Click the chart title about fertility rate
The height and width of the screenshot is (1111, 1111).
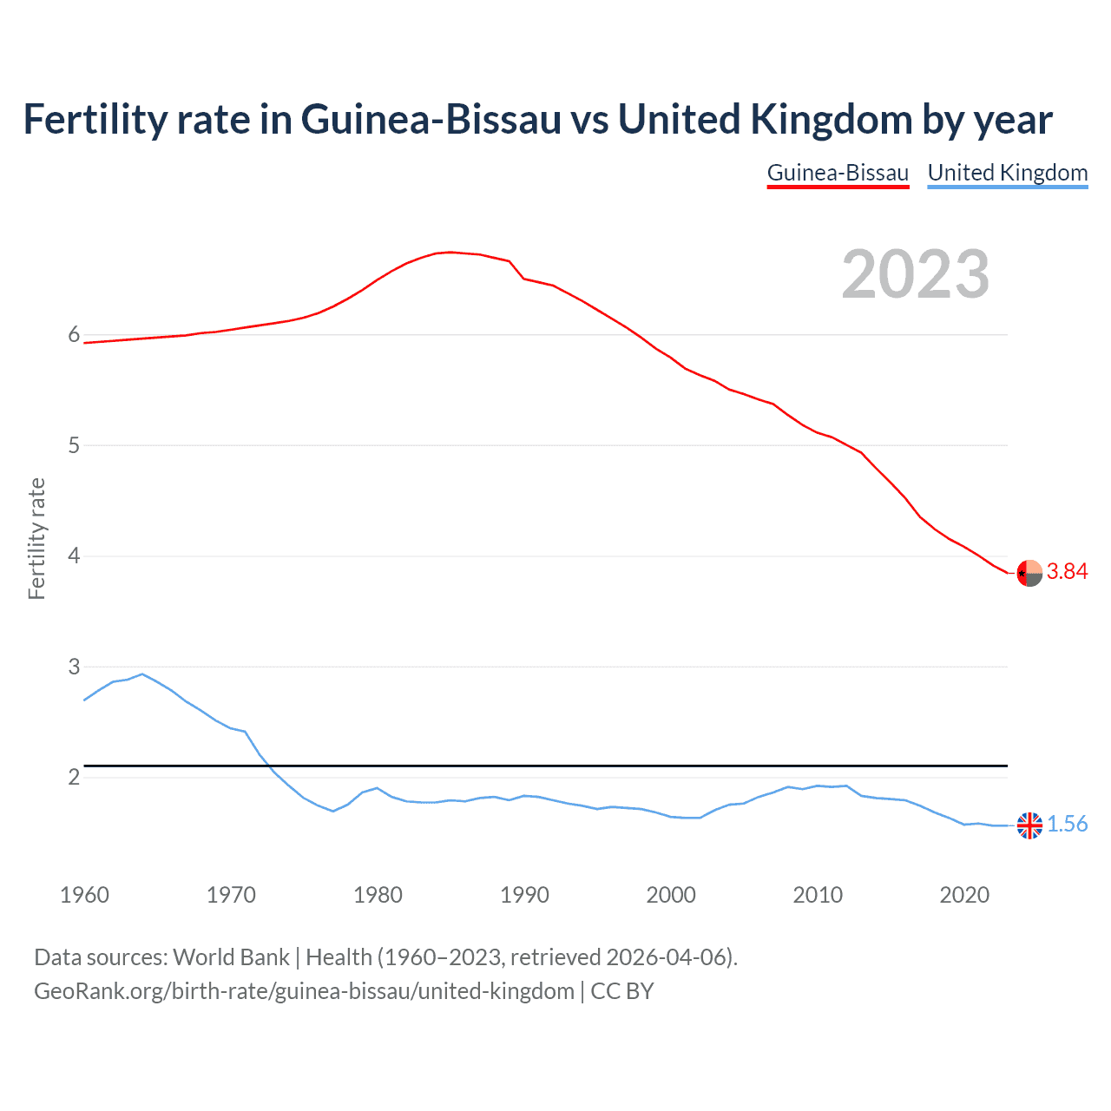pos(537,120)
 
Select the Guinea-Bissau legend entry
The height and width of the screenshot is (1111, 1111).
pos(838,173)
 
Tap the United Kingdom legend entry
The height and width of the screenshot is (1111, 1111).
pos(1007,173)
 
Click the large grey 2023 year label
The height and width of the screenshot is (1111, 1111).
pos(915,274)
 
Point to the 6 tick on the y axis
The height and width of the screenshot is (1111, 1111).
pos(74,335)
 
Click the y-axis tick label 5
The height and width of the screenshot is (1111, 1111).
pos(74,446)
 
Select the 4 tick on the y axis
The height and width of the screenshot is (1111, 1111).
pos(74,556)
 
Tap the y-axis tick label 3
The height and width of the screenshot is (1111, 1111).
pos(74,667)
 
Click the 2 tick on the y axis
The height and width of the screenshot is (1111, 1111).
pos(74,778)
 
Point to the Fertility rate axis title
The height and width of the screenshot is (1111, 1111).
pos(36,538)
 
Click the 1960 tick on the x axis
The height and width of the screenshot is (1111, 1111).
pos(84,895)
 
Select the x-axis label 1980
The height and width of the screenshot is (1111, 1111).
pos(378,895)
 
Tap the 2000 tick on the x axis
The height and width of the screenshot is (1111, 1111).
pos(671,895)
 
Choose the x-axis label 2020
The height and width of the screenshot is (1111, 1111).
pos(964,895)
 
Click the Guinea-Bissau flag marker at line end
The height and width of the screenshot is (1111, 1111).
pos(1029,573)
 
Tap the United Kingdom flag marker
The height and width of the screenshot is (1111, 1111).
pos(1029,825)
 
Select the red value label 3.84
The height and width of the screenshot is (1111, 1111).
pos(1067,571)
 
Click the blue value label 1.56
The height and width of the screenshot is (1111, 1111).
pos(1067,825)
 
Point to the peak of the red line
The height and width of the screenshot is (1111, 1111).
pos(450,252)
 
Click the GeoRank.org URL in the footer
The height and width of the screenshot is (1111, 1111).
pos(304,991)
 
